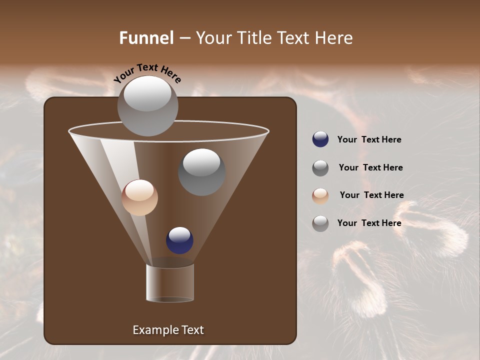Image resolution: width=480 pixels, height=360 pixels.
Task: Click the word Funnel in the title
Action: tap(146, 38)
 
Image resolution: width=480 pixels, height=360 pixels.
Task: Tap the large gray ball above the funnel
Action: tap(147, 105)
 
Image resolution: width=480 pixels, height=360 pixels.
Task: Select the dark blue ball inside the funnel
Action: tap(179, 240)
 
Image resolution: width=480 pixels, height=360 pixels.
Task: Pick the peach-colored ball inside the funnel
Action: tap(139, 197)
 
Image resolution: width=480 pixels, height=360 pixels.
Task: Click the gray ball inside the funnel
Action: tap(201, 172)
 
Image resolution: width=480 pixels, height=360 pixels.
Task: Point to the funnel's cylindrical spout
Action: tap(170, 283)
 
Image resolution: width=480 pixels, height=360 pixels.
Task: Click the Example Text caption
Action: tap(168, 330)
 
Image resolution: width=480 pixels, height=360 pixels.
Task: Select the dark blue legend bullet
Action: tap(320, 139)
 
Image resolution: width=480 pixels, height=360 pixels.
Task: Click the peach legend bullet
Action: tap(320, 195)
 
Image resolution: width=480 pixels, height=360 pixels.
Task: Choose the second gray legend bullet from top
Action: tap(320, 168)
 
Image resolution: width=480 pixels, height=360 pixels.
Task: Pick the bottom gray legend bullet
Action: tap(320, 223)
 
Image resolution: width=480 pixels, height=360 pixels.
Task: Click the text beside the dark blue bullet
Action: tap(369, 139)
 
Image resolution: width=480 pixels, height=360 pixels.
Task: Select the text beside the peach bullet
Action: tap(371, 195)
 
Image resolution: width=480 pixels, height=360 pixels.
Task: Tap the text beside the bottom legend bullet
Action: tap(369, 223)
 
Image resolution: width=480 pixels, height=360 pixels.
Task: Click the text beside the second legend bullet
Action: tap(370, 167)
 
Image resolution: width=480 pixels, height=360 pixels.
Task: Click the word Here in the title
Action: tap(334, 38)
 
